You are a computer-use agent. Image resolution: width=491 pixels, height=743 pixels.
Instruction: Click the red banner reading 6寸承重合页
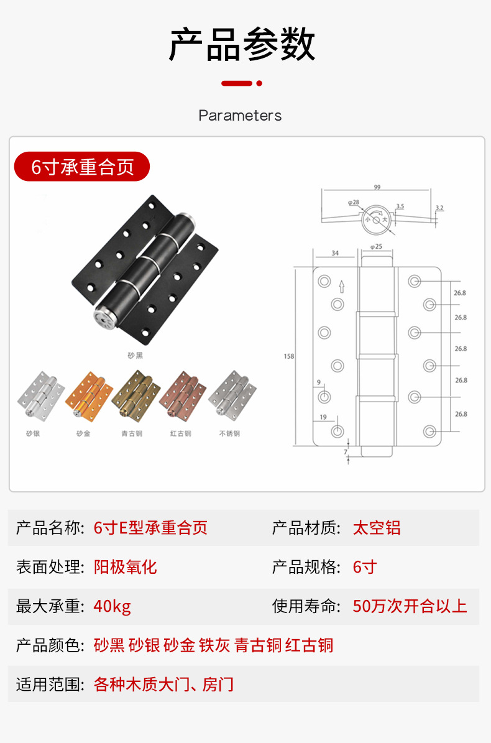(x=82, y=167)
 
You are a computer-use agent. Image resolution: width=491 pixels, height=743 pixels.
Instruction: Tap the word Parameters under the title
(x=240, y=116)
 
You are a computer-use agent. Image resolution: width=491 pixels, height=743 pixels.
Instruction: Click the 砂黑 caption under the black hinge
(x=135, y=356)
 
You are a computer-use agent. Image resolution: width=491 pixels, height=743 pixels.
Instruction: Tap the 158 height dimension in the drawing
(x=288, y=356)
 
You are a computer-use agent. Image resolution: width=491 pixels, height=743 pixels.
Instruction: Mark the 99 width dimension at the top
(x=377, y=187)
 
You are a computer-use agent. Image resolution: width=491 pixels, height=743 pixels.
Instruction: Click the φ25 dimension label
(x=376, y=247)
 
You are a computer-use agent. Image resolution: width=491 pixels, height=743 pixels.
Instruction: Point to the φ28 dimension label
(x=354, y=202)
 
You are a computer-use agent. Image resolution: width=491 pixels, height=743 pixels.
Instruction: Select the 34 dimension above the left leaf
(x=335, y=253)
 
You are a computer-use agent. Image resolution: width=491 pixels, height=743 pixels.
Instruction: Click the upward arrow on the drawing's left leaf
(x=341, y=287)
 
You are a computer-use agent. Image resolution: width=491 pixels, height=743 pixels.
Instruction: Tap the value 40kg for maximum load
(x=112, y=606)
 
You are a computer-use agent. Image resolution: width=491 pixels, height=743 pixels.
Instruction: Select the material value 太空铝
(x=377, y=528)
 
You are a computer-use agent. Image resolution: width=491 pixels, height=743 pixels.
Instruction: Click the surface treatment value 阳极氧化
(x=125, y=567)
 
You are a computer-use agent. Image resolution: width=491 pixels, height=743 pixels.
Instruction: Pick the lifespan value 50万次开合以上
(x=410, y=606)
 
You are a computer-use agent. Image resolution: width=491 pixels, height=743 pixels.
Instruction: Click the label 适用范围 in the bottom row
(x=49, y=685)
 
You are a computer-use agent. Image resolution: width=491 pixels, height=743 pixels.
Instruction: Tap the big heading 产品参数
(x=242, y=45)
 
